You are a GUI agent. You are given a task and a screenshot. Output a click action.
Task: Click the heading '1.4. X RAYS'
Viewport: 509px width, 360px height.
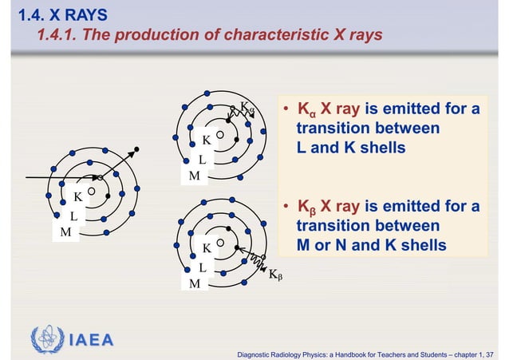tap(57, 14)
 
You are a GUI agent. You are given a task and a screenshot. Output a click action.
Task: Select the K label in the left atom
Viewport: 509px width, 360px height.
tap(77, 196)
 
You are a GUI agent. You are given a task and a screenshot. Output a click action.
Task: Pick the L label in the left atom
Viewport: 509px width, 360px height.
tap(73, 216)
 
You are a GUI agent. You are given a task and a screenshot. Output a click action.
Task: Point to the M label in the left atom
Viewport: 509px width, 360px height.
tap(65, 232)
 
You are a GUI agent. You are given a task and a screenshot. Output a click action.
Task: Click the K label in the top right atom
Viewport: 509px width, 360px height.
tap(206, 140)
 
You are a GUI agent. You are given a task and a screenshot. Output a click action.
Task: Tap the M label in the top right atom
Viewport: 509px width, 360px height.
tap(193, 176)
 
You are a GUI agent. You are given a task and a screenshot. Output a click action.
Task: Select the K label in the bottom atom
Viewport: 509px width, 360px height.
tap(206, 248)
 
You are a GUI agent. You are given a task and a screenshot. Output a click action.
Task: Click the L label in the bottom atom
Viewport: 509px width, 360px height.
tap(202, 267)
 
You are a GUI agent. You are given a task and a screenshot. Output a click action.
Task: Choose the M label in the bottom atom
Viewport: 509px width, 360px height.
tap(194, 284)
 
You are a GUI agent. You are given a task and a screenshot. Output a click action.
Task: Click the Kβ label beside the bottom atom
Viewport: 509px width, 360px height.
tap(276, 275)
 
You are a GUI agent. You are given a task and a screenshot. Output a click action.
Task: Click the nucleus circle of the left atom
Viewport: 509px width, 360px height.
tap(92, 192)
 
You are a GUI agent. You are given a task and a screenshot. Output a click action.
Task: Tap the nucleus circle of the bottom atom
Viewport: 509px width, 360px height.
tap(219, 243)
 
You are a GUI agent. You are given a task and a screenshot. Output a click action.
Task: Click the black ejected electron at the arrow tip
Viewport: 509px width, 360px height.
tap(137, 149)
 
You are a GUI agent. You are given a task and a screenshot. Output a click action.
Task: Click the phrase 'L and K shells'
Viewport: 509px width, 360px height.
tap(350, 148)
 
